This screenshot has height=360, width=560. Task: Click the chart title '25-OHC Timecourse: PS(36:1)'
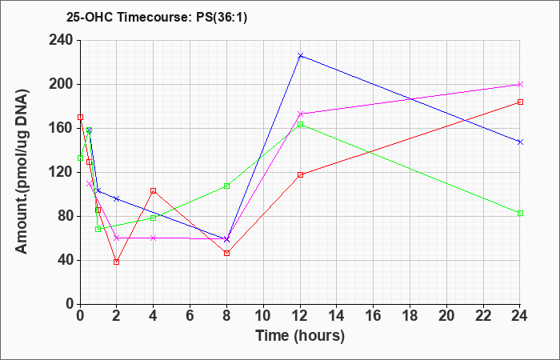click(x=157, y=18)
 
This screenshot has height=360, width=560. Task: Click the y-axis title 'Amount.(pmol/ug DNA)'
click(x=22, y=171)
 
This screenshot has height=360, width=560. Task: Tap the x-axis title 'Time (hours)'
click(x=300, y=336)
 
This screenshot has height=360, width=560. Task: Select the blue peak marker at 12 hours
click(x=300, y=56)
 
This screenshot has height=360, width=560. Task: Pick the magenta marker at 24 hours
click(x=520, y=84)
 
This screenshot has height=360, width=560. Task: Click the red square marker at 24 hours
click(x=520, y=102)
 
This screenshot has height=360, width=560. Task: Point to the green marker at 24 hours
click(x=520, y=214)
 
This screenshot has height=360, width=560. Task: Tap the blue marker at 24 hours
click(x=520, y=142)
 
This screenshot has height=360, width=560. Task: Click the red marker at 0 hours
click(x=80, y=117)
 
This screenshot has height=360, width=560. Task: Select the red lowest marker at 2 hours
click(x=117, y=262)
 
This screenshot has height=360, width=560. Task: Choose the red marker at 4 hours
click(x=154, y=190)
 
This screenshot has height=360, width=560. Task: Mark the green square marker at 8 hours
click(x=226, y=186)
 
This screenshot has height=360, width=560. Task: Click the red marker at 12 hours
click(x=300, y=174)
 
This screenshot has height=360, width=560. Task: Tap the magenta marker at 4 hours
click(x=154, y=238)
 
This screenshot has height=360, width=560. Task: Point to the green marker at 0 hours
click(x=80, y=158)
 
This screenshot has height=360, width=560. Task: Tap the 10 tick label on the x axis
click(x=263, y=316)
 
